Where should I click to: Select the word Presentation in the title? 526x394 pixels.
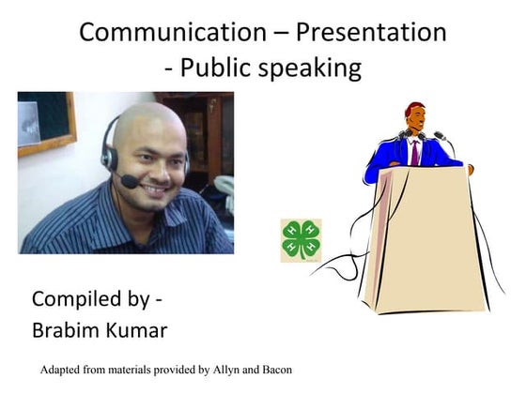[371, 32]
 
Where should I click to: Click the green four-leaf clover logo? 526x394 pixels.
[301, 239]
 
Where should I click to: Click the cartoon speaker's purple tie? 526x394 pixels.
[414, 153]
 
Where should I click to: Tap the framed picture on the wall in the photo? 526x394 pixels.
[44, 122]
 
